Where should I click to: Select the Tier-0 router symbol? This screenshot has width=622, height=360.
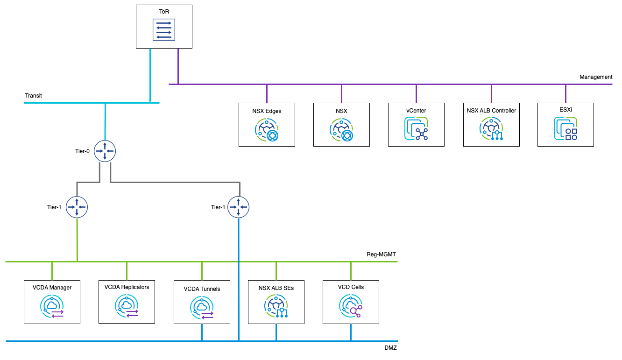105,151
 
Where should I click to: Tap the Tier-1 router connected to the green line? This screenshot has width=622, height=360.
77,207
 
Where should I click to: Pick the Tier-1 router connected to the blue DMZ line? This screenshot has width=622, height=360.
239,207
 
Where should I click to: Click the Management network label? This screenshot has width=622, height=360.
595,77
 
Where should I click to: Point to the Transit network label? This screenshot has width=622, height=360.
33,96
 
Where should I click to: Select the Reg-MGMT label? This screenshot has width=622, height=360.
381,254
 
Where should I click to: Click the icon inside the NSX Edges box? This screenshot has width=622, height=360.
267,130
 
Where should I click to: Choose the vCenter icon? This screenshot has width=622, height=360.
416,129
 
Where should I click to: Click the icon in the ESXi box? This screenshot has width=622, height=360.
565,129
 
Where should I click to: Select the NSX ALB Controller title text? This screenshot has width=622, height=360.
491,111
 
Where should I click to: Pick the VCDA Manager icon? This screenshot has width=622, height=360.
52,307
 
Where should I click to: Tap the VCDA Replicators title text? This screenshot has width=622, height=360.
127,287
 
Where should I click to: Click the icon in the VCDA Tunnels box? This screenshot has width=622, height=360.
202,308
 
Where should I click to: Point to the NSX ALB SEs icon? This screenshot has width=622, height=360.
276,307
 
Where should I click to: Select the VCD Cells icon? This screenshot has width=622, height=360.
351,307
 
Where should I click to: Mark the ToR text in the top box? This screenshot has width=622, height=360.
164,11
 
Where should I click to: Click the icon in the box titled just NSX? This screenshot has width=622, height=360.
341,130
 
